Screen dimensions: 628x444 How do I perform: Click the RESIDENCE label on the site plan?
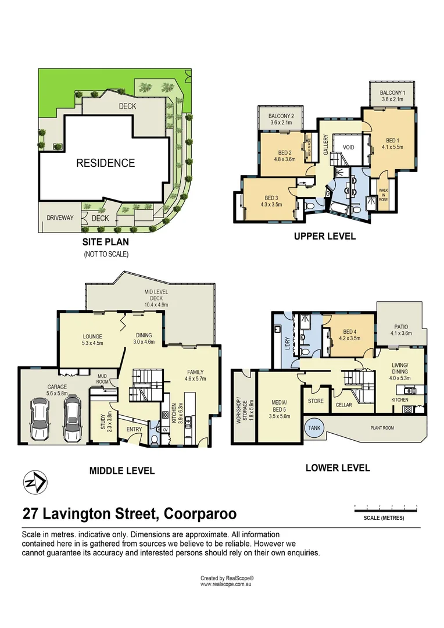[x=105, y=163]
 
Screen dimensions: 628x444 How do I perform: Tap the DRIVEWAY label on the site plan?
[x=60, y=218]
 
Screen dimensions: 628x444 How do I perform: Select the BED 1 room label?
[x=393, y=140]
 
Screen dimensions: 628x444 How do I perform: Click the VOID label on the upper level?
[x=348, y=148]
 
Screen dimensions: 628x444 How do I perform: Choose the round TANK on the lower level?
[x=314, y=428]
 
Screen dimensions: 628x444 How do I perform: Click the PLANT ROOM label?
[x=382, y=427]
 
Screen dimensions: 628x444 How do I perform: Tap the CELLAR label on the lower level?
[x=343, y=405]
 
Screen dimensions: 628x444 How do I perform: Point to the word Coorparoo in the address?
[x=200, y=514]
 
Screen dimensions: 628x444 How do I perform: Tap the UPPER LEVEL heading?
[x=324, y=237]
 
